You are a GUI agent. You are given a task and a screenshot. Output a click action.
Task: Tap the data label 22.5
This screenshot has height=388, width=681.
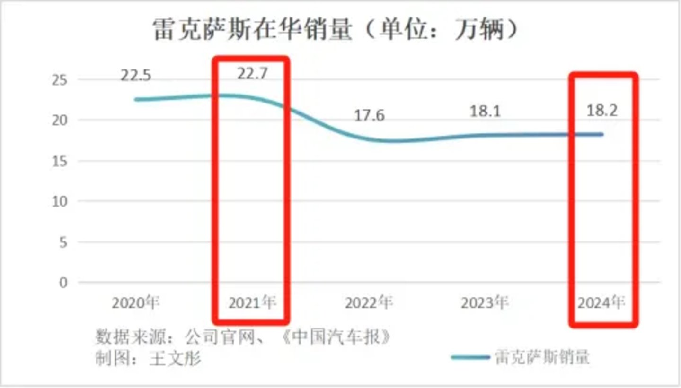point(135,75)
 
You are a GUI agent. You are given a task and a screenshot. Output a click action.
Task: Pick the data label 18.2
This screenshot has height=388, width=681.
point(601,112)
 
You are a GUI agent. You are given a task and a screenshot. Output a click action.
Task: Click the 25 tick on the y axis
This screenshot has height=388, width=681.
point(59,80)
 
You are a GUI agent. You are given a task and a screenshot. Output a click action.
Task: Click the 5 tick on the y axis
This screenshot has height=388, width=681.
point(63,242)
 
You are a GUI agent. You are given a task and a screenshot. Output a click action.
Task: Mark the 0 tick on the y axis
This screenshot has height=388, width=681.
point(63,283)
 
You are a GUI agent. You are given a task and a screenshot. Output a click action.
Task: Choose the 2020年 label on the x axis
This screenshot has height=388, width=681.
point(136,303)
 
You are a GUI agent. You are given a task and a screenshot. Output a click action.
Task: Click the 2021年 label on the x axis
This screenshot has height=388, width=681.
point(252,303)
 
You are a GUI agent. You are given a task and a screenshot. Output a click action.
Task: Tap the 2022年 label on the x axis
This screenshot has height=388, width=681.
point(369,303)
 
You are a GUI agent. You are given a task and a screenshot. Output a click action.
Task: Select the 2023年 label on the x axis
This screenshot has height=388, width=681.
point(485,303)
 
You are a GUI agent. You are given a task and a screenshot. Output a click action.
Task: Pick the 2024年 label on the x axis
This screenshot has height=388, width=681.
point(601,303)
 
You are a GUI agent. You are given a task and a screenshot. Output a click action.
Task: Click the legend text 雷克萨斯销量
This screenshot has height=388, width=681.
point(542,357)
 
